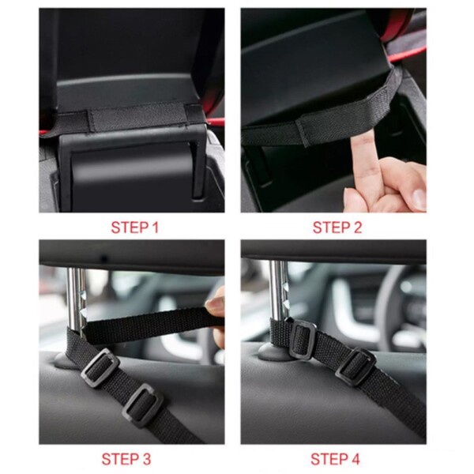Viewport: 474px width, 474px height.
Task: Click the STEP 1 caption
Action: tap(135, 228)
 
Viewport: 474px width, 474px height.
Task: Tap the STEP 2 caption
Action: tap(337, 228)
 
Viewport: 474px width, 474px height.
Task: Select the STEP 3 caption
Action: tap(126, 459)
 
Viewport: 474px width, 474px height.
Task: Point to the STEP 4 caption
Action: tap(335, 459)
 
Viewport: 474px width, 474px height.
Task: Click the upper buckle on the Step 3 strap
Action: tap(100, 367)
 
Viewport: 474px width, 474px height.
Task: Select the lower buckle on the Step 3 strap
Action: tap(143, 405)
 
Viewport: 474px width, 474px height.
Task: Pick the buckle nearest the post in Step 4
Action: tap(303, 340)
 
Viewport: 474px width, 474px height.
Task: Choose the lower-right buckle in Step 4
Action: tap(355, 367)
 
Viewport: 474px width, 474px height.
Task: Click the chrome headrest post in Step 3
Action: tap(76, 303)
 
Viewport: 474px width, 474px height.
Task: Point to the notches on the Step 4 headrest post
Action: tap(287, 295)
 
